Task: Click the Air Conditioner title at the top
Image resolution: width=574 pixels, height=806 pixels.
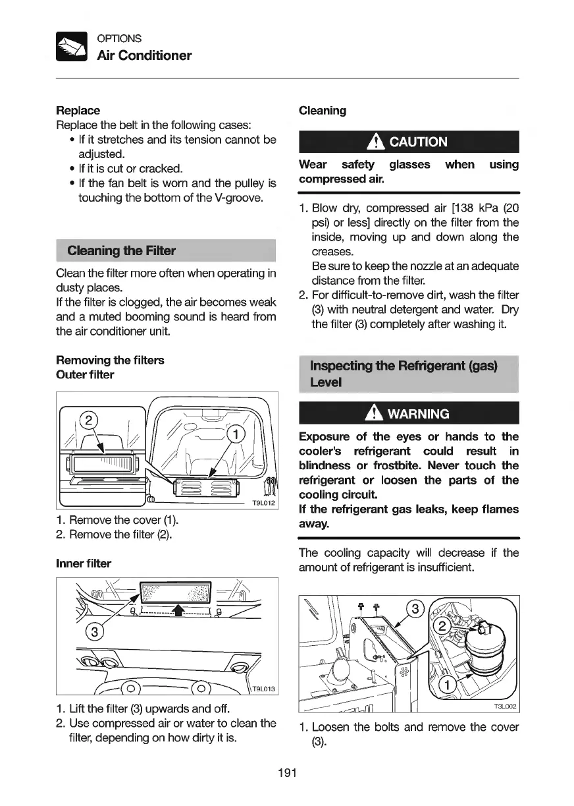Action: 144,55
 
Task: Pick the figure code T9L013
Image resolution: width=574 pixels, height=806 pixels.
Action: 263,690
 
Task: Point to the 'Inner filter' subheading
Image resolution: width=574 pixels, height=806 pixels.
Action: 84,563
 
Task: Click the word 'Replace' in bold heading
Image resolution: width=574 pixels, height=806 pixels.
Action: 78,111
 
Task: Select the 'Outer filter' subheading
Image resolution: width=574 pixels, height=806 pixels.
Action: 85,375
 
